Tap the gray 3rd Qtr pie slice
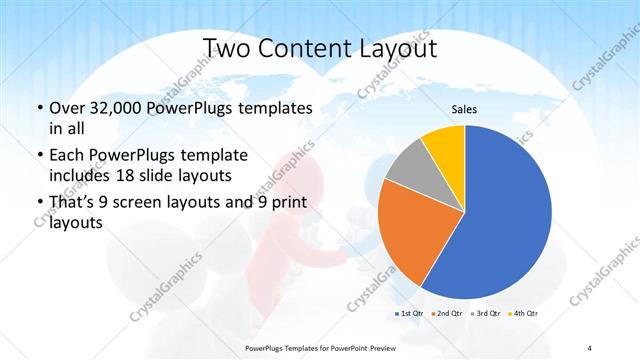(408, 169)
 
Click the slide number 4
(590, 347)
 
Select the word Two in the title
(229, 48)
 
